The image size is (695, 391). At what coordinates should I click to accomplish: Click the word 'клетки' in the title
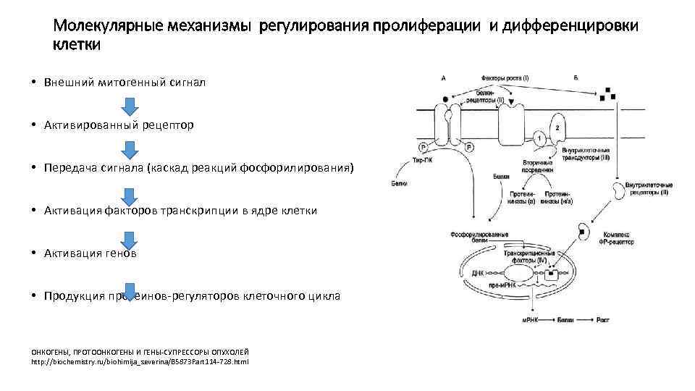click(77, 46)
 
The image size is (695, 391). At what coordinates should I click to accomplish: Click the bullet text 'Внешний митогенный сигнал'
click(125, 83)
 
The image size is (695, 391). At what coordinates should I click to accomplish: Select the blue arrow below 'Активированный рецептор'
click(128, 151)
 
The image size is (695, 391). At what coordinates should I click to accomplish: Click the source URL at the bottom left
click(140, 361)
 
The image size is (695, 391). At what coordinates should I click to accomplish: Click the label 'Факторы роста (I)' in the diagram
click(505, 77)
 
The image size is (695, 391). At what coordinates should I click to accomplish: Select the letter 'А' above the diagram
click(443, 77)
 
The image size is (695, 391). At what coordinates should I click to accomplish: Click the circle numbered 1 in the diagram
click(540, 138)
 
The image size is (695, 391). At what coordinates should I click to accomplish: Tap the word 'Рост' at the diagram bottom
click(605, 319)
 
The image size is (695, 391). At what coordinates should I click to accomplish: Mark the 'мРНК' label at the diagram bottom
click(531, 319)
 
